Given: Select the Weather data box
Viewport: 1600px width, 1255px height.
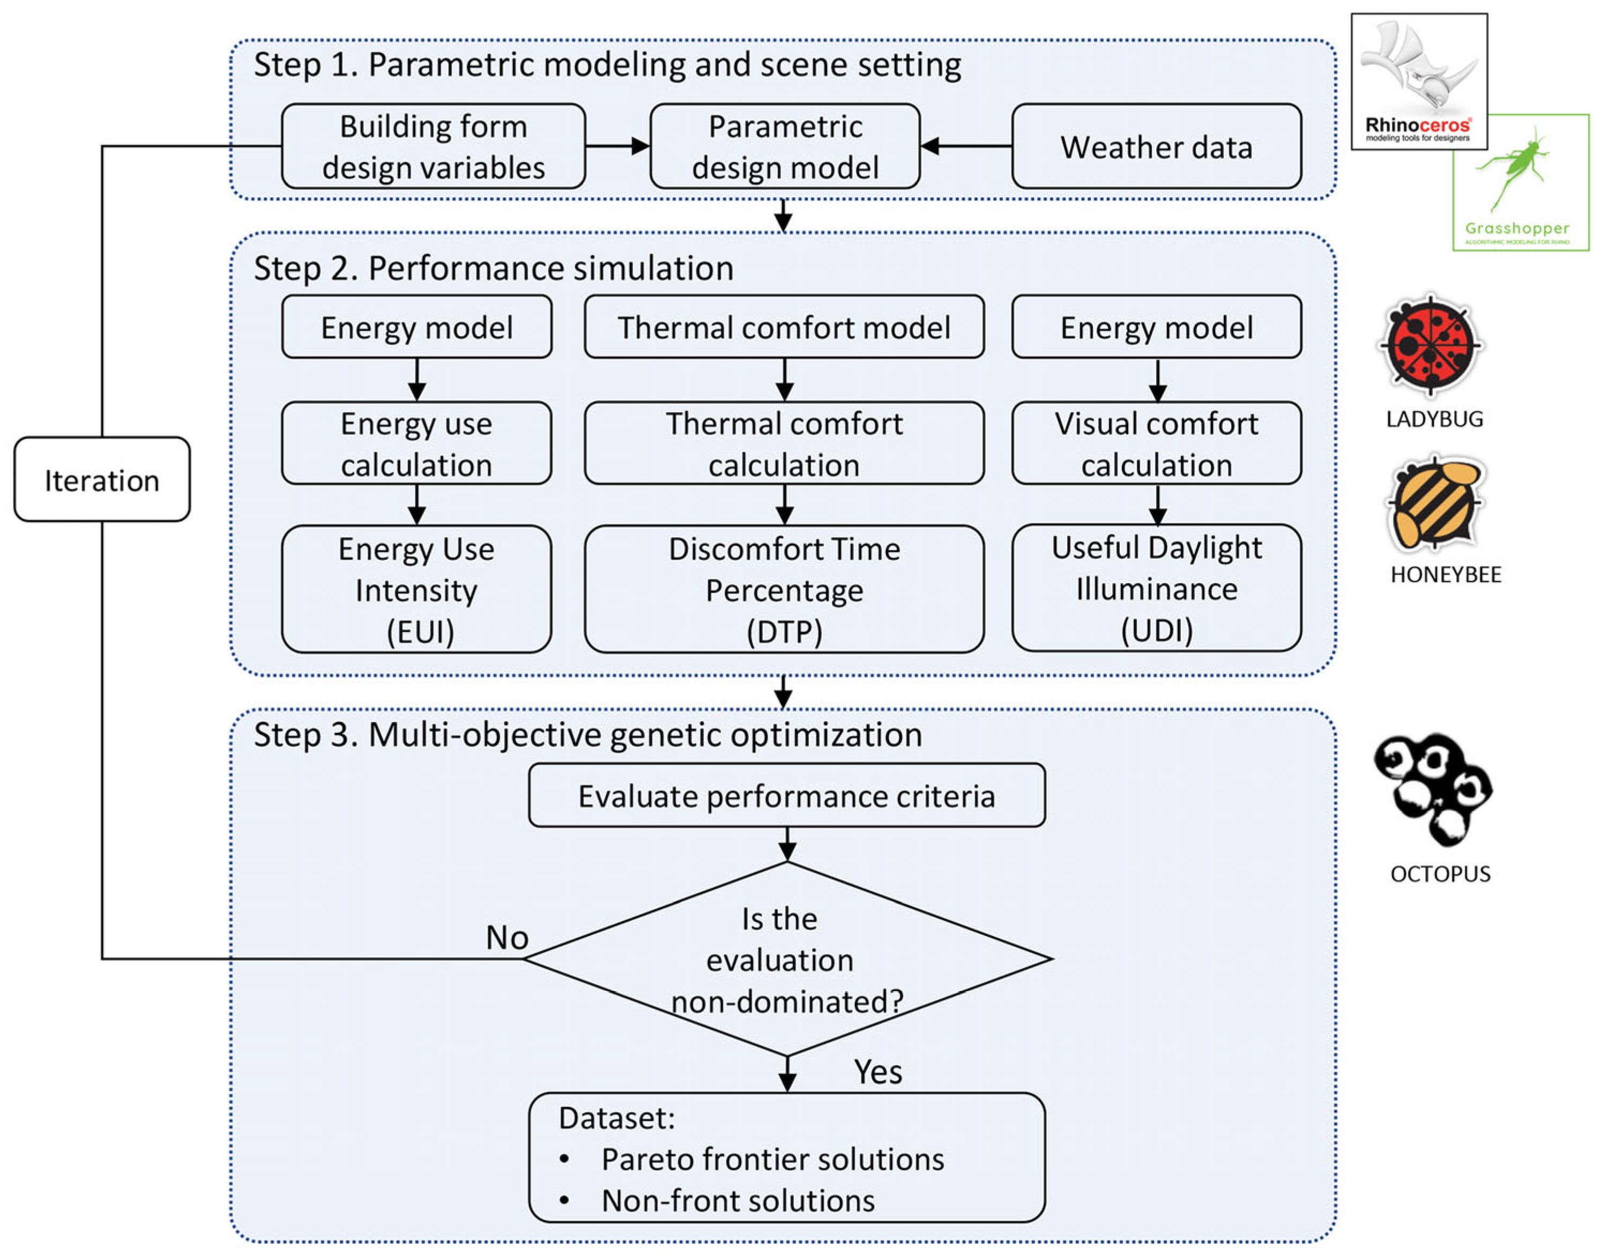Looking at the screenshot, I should pos(1156,147).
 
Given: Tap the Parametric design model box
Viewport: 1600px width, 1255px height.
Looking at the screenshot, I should pos(785,147).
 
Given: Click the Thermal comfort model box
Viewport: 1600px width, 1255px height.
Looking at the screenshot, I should pos(784,327).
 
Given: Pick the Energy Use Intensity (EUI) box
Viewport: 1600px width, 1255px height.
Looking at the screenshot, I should pos(416,589).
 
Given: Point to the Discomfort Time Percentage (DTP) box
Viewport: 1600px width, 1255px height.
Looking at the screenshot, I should pos(784,589).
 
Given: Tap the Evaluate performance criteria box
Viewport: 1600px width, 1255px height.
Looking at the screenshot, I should pos(786,796).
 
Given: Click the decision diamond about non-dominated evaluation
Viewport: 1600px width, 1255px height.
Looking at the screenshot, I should pos(786,959).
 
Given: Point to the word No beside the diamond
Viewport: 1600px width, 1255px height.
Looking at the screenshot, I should pos(507,938).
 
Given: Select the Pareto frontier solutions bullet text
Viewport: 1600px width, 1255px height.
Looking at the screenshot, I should pos(772,1160).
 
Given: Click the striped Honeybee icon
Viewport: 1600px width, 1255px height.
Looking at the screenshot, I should pos(1435,504).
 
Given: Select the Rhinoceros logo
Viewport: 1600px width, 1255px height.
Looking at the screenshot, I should pos(1418,81).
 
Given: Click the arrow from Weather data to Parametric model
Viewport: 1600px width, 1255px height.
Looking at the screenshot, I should pos(965,146).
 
